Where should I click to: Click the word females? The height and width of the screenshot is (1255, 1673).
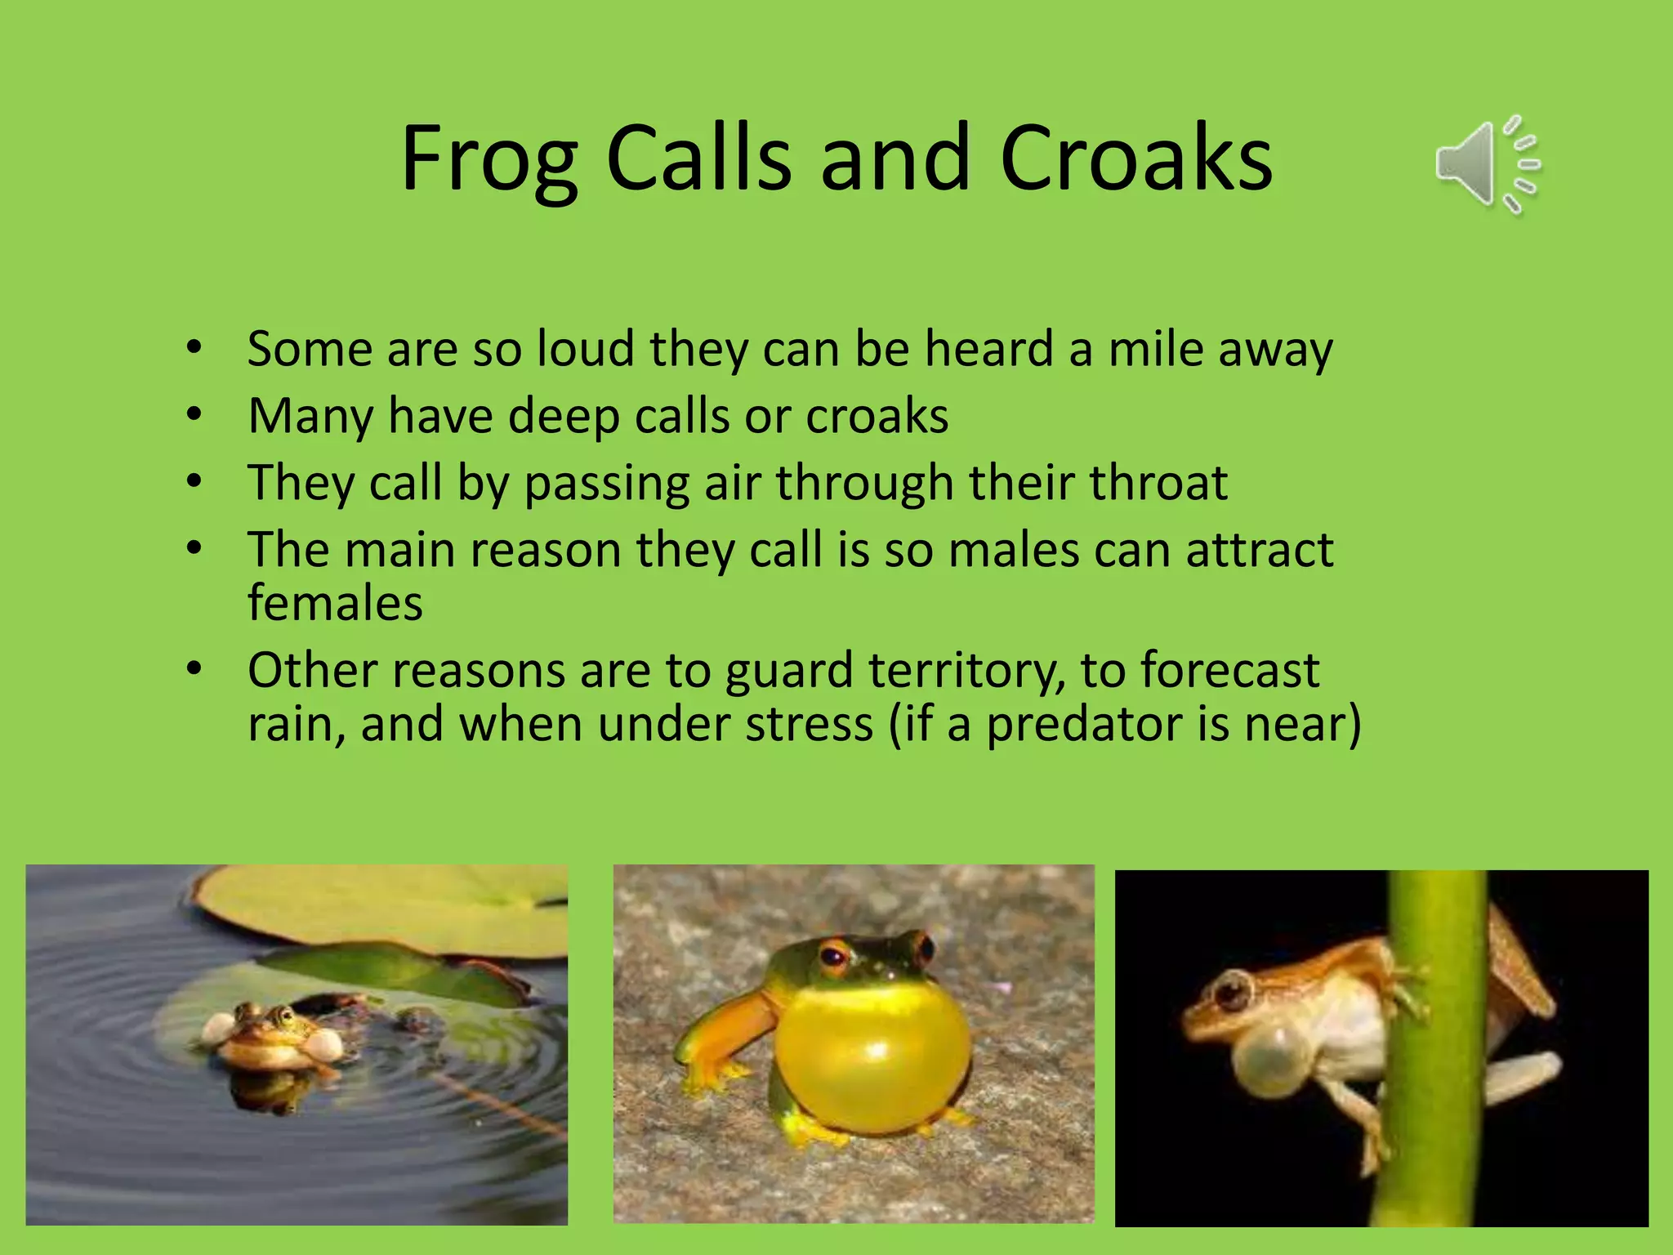pyautogui.click(x=335, y=604)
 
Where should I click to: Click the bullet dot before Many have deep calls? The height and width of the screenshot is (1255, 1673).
pyautogui.click(x=194, y=415)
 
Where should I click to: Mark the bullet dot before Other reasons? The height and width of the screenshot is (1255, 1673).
pyautogui.click(x=194, y=669)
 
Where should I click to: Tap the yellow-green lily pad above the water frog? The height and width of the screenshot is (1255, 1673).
pyautogui.click(x=384, y=907)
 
